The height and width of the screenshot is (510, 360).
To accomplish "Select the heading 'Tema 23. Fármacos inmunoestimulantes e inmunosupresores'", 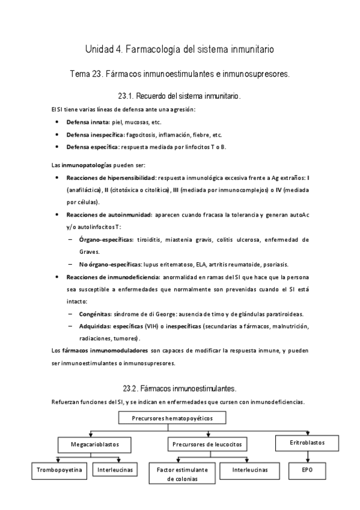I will pyautogui.click(x=180, y=75).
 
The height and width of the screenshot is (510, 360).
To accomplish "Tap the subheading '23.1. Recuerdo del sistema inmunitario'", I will pyautogui.click(x=180, y=96).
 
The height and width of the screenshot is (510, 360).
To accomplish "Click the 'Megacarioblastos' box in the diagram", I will pyautogui.click(x=95, y=444).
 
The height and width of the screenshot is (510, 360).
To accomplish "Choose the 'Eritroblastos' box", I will pyautogui.click(x=307, y=441).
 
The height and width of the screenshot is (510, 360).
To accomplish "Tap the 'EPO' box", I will pyautogui.click(x=307, y=469).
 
